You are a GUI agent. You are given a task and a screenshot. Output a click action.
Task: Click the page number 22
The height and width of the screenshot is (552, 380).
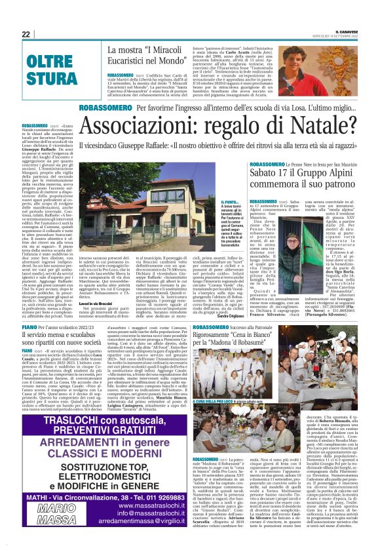26,34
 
